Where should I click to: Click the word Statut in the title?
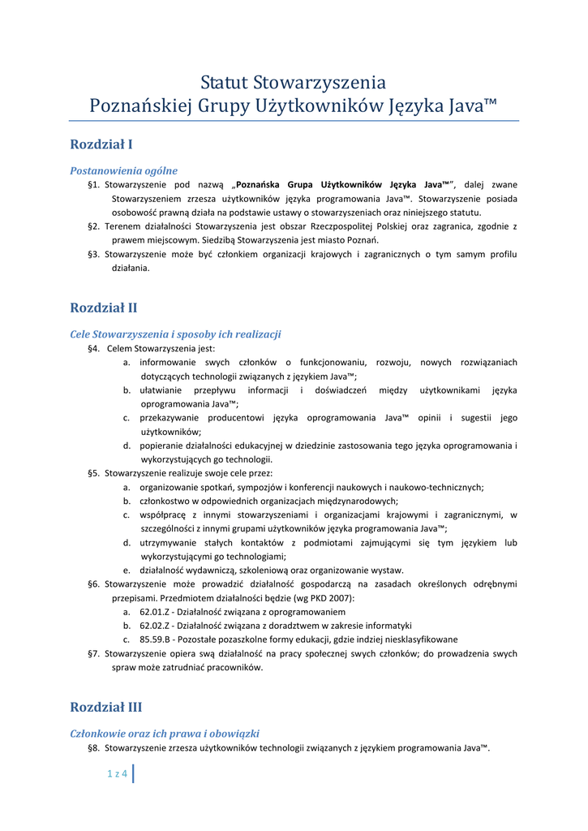tap(224, 83)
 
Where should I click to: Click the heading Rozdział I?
tap(101, 144)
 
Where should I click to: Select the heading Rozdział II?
tap(104, 308)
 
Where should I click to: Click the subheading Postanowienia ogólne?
tap(124, 170)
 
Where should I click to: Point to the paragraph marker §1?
tap(93, 185)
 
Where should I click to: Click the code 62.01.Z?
tap(155, 611)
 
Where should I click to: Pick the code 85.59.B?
tap(155, 639)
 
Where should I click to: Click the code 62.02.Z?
tap(155, 625)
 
